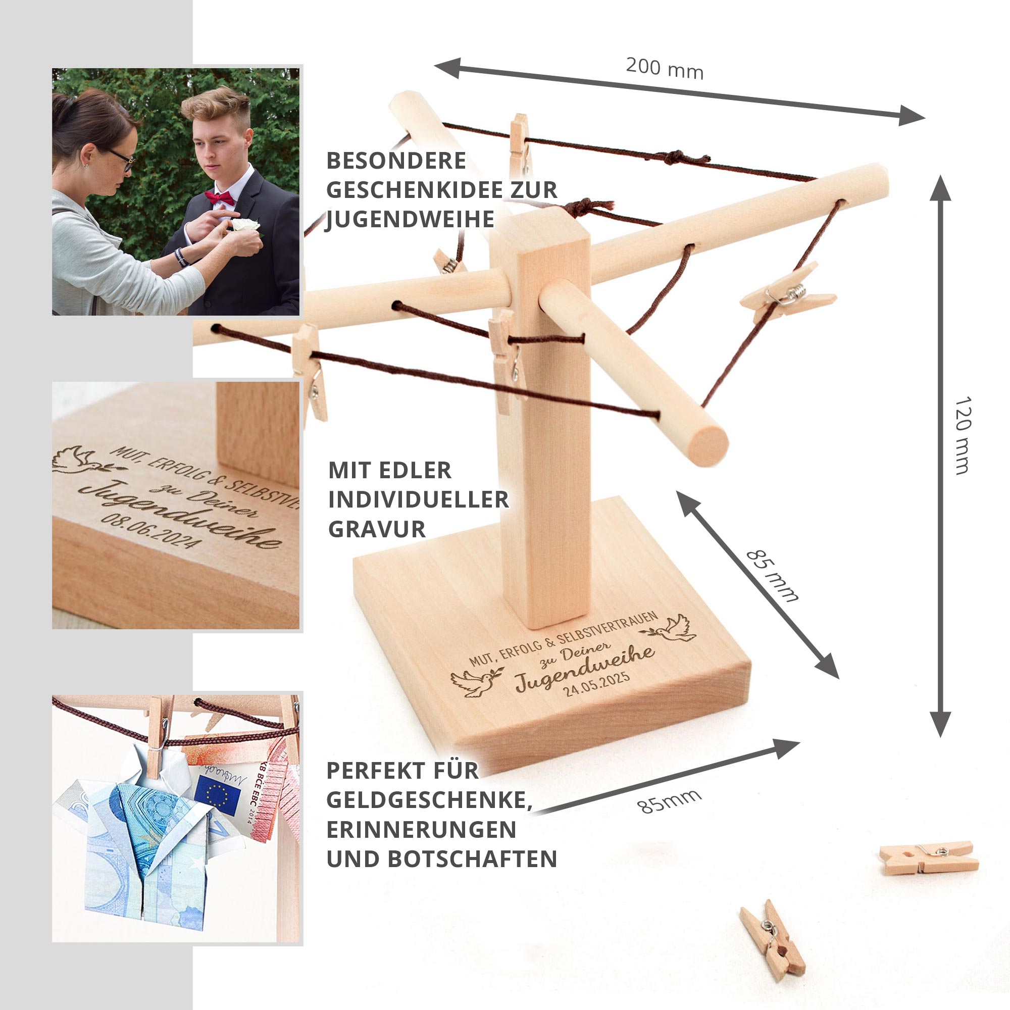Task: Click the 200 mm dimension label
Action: pos(665,69)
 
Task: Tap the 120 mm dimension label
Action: pos(963,435)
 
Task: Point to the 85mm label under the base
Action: pos(670,800)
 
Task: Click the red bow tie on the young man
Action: pos(220,197)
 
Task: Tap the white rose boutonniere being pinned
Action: pos(245,225)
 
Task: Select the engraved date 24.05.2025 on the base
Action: pos(596,683)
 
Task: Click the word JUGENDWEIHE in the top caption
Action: pos(410,219)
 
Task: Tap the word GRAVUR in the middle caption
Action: pos(377,529)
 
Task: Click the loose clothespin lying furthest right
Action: pos(929,859)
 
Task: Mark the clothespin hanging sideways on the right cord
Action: pos(787,297)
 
